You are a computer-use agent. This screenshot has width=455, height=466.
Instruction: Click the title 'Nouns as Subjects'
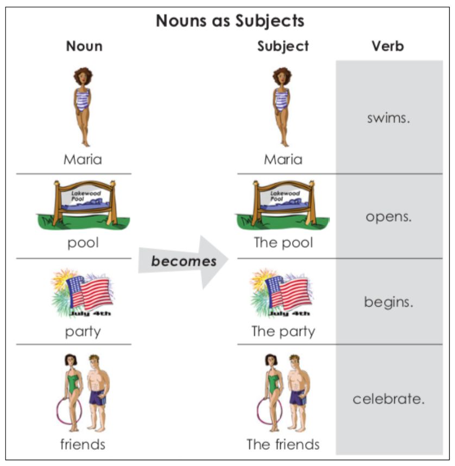230,21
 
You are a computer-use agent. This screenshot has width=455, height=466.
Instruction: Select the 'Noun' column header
84,46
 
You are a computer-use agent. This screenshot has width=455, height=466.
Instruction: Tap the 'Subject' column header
283,46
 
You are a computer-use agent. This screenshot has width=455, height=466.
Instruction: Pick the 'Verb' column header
388,46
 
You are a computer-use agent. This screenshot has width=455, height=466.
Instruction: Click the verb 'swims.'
388,118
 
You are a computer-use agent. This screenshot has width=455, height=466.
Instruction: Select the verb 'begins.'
388,303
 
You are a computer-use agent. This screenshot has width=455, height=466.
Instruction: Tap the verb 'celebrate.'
388,399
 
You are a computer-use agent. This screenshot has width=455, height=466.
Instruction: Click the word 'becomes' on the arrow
184,261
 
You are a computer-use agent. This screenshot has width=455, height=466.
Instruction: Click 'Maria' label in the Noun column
83,159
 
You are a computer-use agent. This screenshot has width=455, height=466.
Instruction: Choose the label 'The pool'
283,242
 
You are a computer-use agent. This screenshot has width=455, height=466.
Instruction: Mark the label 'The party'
283,331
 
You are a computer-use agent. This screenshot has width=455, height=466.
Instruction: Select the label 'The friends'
283,444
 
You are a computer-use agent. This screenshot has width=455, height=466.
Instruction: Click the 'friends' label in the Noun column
83,444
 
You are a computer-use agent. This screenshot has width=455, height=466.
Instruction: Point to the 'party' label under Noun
83,331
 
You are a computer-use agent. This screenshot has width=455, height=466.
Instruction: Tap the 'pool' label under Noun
83,242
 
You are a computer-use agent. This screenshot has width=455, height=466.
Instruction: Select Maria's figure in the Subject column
282,106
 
